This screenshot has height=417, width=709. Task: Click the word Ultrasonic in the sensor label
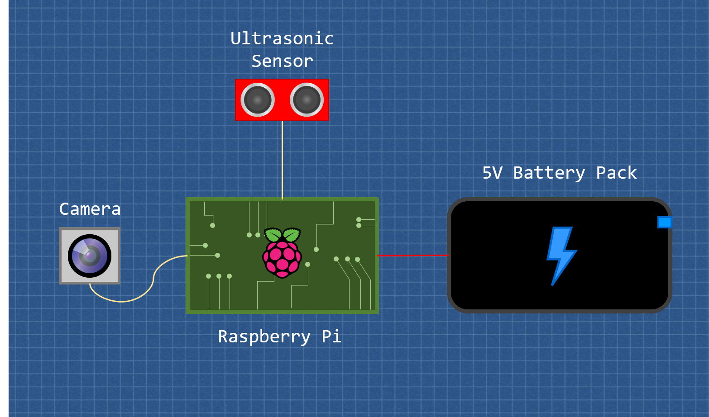(282, 38)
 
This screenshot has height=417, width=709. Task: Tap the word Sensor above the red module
(282, 61)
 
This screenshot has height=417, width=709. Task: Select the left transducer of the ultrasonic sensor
(258, 100)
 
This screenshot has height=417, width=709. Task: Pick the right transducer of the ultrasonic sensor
(307, 100)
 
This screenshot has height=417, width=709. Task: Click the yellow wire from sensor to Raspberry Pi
(283, 160)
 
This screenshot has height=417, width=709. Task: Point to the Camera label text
(90, 209)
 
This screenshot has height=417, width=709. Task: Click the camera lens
(90, 256)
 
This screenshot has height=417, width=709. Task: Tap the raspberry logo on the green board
(282, 253)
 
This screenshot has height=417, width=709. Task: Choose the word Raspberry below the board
(264, 337)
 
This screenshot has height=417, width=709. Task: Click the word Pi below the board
(331, 336)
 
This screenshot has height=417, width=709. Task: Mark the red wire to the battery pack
(413, 256)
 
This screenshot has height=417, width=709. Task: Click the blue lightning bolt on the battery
(562, 256)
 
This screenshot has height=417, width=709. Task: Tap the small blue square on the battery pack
(664, 222)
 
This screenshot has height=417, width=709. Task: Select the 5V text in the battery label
(493, 173)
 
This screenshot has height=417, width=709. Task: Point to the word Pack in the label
(616, 173)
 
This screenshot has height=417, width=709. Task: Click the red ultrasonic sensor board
(282, 100)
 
